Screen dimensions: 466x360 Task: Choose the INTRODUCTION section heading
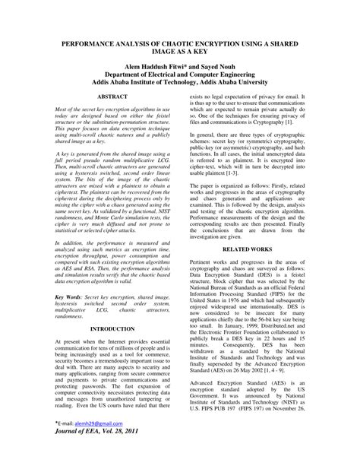coord(112,329)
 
